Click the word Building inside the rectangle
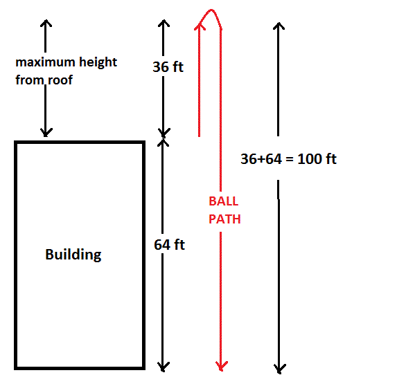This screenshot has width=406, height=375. point(73,255)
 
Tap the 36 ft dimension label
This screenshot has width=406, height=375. point(168,66)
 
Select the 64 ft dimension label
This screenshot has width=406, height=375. point(169,245)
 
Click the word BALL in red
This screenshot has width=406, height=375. point(224,201)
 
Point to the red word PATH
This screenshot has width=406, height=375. point(224,219)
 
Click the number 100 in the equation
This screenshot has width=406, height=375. point(310,159)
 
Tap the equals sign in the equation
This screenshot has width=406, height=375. point(290,159)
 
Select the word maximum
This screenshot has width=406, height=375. point(45,62)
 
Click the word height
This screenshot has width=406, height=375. point(98,62)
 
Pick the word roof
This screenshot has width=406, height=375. point(60,80)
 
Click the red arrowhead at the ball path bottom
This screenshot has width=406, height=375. point(221,366)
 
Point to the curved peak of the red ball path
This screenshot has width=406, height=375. point(211,10)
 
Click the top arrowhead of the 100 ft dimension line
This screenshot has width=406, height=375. point(279,26)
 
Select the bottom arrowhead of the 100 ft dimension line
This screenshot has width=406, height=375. point(279,369)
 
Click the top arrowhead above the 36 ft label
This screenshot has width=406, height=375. point(164,24)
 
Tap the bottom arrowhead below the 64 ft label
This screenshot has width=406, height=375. point(163,367)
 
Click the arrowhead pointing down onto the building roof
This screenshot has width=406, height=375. point(46,132)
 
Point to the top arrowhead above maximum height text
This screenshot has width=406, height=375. point(46,23)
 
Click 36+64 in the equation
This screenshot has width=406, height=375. point(261,159)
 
